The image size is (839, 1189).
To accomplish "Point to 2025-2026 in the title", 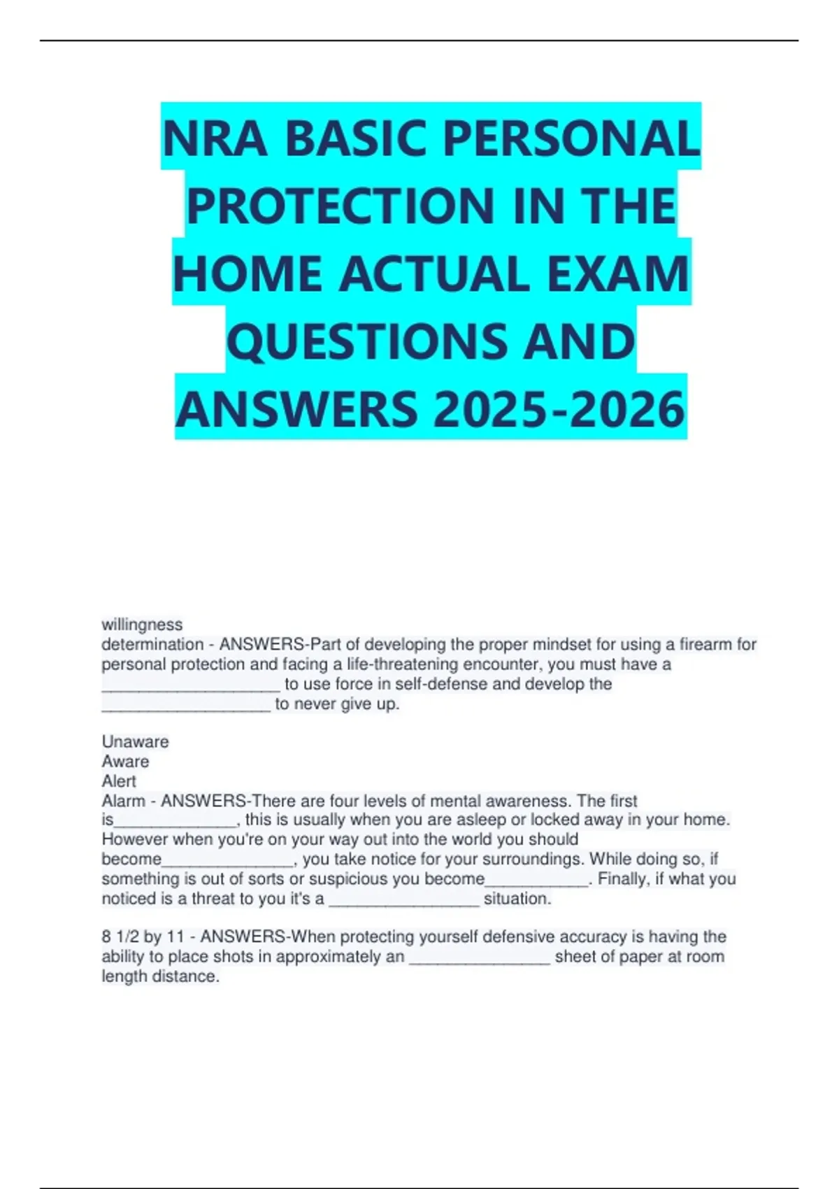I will (559, 409).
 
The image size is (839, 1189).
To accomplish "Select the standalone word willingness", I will (142, 625).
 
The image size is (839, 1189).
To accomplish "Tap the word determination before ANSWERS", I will (152, 644).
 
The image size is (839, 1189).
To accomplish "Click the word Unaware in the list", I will (135, 741).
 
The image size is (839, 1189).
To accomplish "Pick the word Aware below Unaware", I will (125, 761).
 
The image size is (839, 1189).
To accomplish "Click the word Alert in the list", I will (119, 781).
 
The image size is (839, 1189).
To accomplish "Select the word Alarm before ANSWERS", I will (124, 801).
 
